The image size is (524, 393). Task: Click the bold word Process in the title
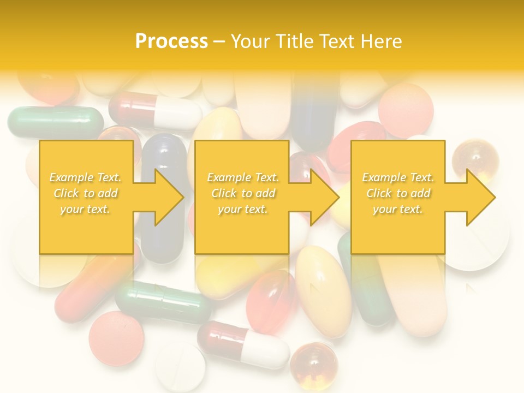tap(171, 41)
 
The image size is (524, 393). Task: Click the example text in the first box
tap(85, 193)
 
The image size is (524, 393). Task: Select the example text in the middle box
tap(242, 193)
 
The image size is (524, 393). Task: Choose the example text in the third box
tap(398, 193)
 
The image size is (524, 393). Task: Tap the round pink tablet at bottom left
tap(116, 338)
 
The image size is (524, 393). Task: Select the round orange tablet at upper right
tap(406, 110)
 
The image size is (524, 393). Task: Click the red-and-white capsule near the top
tap(155, 110)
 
